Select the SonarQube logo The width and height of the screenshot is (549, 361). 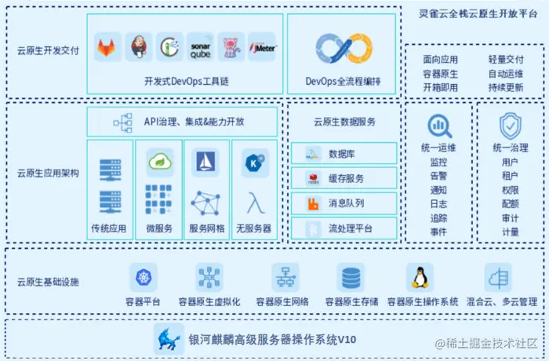point(200,47)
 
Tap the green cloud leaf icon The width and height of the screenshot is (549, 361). point(159,161)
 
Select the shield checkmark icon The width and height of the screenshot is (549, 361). point(510,126)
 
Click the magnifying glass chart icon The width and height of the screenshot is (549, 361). point(438,126)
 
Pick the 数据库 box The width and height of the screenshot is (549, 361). point(344,154)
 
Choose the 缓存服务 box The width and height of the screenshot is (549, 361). point(344,179)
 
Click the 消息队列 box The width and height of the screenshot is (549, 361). point(344,204)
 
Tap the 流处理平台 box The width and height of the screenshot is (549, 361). point(344,229)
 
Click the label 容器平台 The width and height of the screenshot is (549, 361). point(144,301)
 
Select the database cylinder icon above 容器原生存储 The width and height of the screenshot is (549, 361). point(351,277)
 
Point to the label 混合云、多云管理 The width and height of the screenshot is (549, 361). point(501,301)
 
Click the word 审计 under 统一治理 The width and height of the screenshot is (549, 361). point(510,218)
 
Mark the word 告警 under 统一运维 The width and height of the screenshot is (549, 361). point(438,176)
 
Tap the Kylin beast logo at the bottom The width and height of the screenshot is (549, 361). point(169,338)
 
